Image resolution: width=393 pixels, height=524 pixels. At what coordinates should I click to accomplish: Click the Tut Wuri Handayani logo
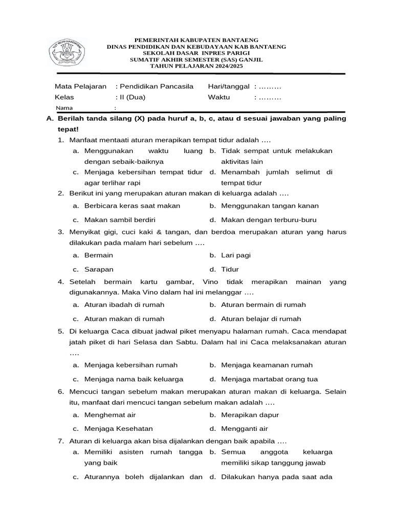point(67,53)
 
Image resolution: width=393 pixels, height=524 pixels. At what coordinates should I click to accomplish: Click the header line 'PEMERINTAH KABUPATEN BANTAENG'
point(196,40)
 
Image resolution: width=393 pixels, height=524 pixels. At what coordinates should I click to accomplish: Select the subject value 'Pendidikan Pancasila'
point(157,86)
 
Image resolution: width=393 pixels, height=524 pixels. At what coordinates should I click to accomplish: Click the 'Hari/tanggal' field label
point(228,86)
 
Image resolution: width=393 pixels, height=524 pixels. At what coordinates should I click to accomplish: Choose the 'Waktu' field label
point(219,97)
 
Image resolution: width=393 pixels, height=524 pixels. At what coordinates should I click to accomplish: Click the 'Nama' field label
point(64,108)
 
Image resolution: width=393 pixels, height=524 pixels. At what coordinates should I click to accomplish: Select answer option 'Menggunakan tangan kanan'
point(270,206)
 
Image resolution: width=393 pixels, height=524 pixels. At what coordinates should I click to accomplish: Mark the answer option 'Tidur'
point(230,269)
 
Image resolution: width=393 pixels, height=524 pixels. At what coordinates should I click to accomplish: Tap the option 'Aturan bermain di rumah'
point(264,304)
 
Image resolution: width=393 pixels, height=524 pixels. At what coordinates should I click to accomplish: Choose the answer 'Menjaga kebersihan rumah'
point(131,365)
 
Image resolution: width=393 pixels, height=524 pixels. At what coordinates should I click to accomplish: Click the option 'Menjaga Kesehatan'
point(119,429)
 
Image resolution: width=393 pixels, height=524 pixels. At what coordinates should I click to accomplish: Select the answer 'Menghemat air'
point(110,415)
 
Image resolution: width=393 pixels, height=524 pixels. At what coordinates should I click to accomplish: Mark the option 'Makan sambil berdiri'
point(120,220)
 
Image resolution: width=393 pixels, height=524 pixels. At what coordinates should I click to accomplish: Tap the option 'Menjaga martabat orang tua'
point(270,379)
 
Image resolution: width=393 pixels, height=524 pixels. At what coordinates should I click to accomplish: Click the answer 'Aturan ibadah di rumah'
point(124,304)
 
